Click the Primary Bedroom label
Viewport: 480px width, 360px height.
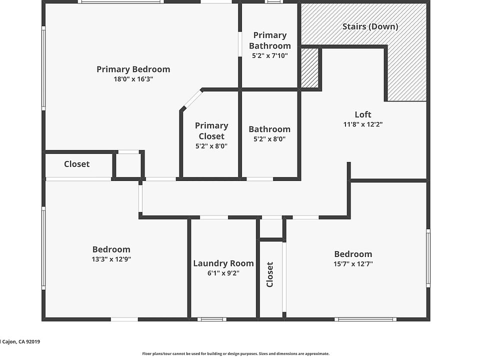click(133, 69)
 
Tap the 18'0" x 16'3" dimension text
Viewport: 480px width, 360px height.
click(133, 79)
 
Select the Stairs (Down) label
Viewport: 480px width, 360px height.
click(370, 26)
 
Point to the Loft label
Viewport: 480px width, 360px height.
click(363, 114)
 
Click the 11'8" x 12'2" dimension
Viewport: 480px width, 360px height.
click(363, 124)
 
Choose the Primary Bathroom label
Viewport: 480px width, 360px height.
click(269, 40)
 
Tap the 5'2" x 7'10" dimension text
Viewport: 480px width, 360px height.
click(269, 55)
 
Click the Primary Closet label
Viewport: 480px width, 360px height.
click(211, 131)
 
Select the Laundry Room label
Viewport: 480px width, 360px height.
click(223, 263)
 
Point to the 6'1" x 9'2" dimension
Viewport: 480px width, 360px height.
click(223, 273)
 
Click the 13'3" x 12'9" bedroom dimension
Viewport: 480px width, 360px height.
click(111, 259)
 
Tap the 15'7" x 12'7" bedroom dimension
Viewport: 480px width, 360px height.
click(353, 264)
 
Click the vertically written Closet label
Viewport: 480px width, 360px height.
click(269, 274)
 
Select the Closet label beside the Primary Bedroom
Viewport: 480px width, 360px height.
click(77, 164)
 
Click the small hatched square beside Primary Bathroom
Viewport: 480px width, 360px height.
click(309, 68)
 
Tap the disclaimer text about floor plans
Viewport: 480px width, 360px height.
click(235, 353)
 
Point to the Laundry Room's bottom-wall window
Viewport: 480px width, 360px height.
click(212, 319)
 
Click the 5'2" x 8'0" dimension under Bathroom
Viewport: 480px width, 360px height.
click(269, 139)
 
